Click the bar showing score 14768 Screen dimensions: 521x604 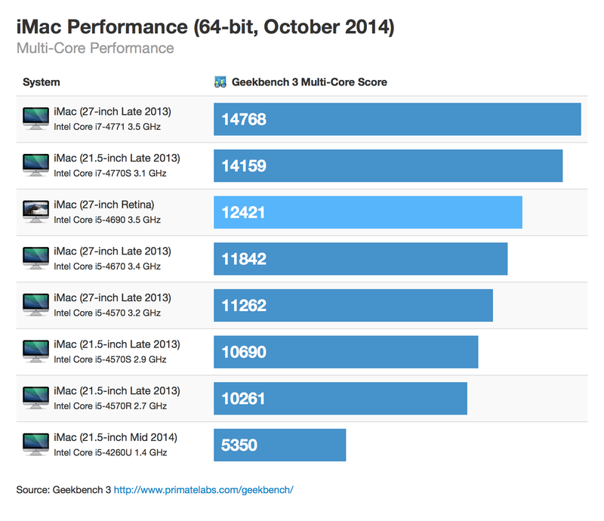[397, 119]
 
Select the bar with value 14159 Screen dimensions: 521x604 [388, 165]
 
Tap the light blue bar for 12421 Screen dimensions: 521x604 [368, 212]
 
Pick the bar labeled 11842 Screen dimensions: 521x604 [360, 259]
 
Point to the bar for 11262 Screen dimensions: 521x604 [353, 305]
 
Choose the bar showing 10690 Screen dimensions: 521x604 [346, 352]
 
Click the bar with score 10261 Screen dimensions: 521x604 [340, 398]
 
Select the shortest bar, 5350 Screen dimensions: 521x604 [279, 445]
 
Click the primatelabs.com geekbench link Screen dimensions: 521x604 [203, 490]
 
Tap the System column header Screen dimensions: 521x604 [42, 82]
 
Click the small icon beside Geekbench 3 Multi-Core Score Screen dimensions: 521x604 [220, 82]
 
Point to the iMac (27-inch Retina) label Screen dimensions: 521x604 [104, 205]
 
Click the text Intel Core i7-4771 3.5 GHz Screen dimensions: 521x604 [107, 127]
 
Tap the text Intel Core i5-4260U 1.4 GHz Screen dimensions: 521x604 [110, 453]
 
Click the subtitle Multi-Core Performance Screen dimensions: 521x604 [95, 49]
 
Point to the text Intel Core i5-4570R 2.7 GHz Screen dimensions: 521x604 [110, 406]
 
